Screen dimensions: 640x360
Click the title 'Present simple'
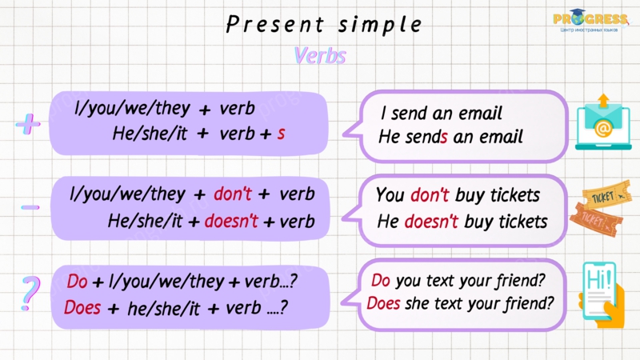point(324,25)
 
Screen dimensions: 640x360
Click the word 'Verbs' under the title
point(320,55)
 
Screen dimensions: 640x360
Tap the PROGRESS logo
point(590,21)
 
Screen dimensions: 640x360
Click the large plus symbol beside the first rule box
point(28,124)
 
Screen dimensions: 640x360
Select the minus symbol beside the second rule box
point(30,207)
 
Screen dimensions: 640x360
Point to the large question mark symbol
point(30,294)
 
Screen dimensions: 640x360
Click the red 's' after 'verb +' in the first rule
point(281,134)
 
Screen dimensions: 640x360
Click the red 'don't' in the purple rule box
point(233,194)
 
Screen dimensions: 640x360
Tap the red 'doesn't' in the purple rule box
point(231,221)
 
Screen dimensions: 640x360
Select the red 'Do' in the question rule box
point(77,282)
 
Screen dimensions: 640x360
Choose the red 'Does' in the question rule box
point(82,307)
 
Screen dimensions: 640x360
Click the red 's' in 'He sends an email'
point(444,137)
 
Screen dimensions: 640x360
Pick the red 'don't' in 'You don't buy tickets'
point(430,194)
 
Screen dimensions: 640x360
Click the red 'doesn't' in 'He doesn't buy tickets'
point(431,222)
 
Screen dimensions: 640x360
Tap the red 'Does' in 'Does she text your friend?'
point(383,303)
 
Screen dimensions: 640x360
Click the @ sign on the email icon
point(603,130)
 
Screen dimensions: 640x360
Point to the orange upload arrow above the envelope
point(603,101)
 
